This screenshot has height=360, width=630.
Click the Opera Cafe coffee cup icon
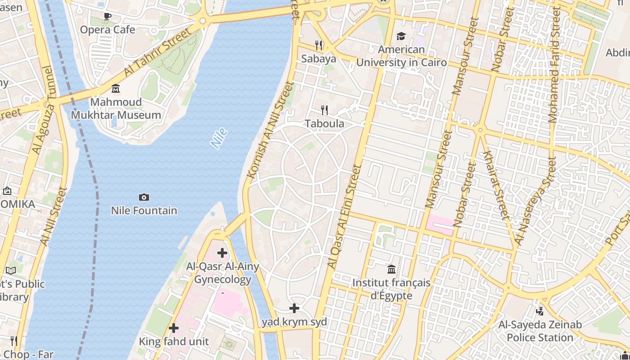[107, 17]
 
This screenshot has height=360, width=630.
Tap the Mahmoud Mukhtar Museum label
[116, 108]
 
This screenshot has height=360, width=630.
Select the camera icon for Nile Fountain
[144, 197]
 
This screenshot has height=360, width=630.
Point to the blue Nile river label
[219, 139]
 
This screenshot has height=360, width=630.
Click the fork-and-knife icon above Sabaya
[319, 45]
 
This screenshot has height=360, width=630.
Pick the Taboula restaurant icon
[324, 110]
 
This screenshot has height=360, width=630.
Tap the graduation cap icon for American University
[401, 36]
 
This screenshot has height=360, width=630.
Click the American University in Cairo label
[401, 56]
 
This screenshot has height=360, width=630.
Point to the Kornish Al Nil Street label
[270, 129]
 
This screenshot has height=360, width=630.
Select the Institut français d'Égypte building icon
[391, 269]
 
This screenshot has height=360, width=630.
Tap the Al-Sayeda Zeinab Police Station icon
[540, 310]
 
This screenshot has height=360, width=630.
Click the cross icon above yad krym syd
[294, 308]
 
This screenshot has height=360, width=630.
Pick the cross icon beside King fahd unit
[174, 328]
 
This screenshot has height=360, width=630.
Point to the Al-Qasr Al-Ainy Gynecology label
[223, 273]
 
